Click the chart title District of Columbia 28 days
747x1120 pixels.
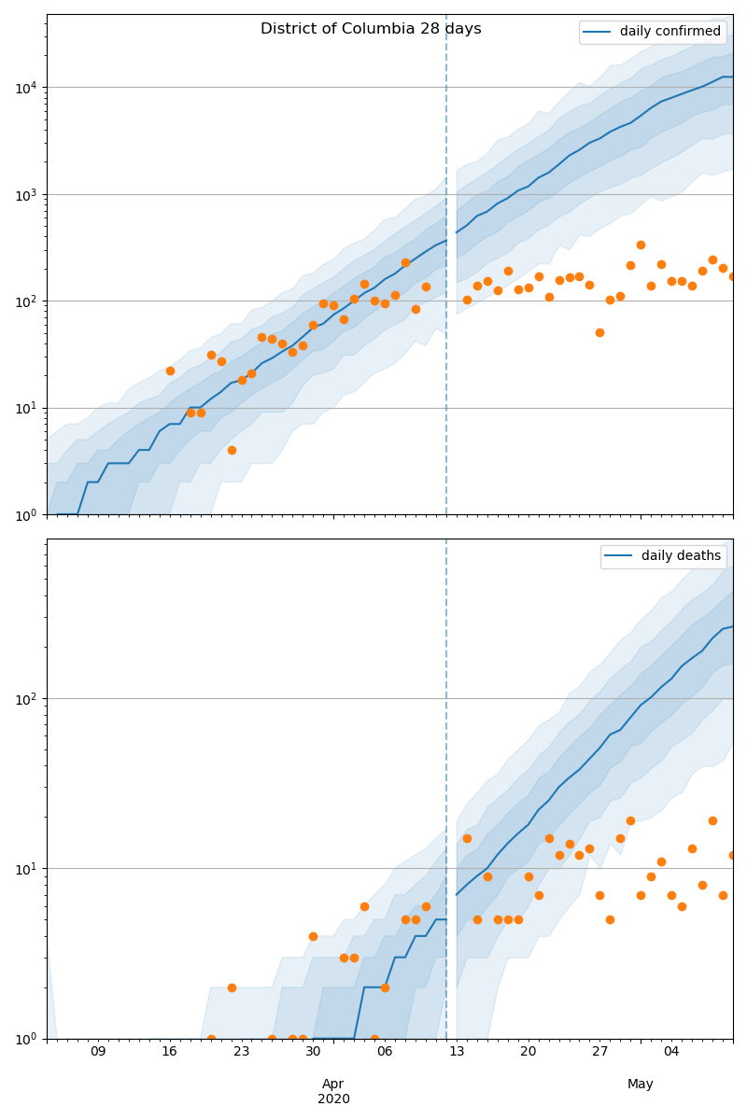tap(371, 29)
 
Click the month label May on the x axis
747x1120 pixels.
tap(641, 1084)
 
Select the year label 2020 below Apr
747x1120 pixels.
tap(333, 1099)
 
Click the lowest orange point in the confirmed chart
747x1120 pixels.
tap(232, 450)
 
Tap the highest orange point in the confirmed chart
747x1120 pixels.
tap(641, 245)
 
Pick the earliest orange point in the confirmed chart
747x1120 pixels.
tap(170, 371)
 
